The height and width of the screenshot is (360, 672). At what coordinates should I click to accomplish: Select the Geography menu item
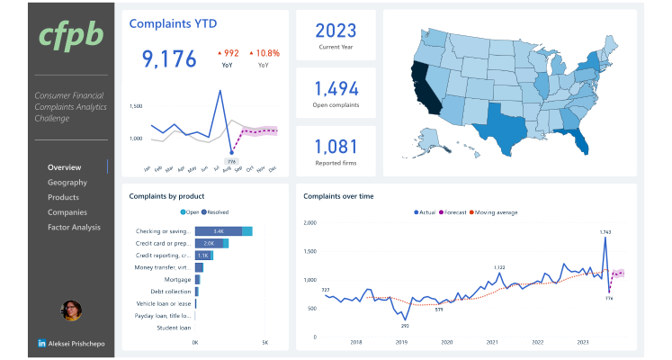click(67, 183)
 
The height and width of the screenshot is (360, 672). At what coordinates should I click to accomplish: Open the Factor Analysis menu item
click(74, 228)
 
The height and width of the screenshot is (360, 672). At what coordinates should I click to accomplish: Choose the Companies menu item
click(67, 212)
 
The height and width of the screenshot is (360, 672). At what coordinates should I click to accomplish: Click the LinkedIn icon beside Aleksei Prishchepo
click(42, 344)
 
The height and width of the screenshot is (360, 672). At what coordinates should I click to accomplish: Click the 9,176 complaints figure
click(169, 59)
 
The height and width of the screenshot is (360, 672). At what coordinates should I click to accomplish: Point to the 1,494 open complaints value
click(336, 88)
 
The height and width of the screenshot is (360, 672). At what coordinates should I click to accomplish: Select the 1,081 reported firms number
click(336, 147)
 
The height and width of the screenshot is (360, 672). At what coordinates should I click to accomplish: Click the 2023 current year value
click(336, 30)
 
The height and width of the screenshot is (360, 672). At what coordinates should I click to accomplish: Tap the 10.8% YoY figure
click(267, 53)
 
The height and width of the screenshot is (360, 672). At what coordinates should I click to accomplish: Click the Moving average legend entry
click(493, 212)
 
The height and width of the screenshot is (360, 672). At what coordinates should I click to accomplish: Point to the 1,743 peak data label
click(605, 231)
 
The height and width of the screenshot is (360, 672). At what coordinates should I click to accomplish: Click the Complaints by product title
click(166, 195)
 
